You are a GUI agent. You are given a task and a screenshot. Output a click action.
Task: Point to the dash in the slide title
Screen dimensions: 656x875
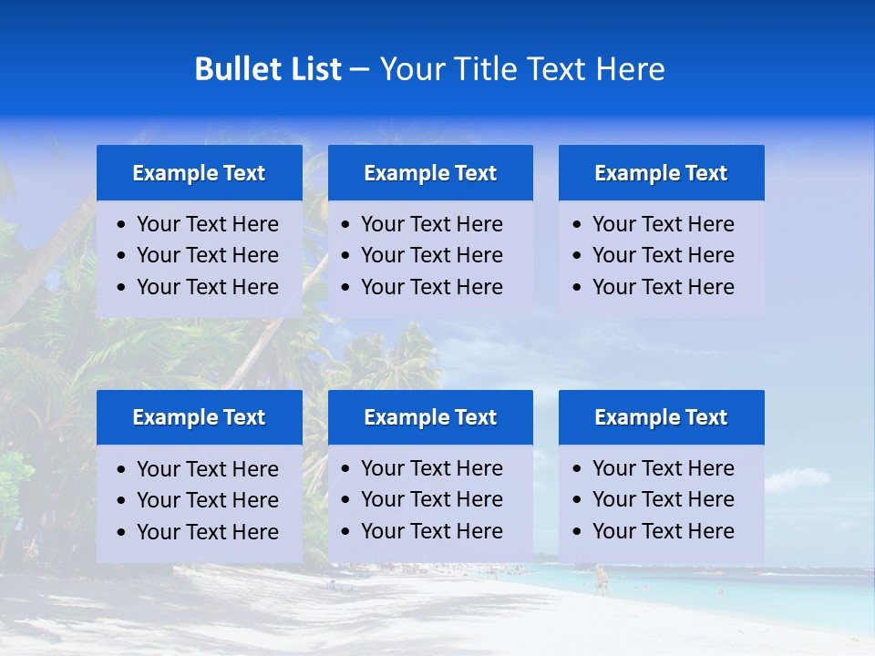click(x=359, y=70)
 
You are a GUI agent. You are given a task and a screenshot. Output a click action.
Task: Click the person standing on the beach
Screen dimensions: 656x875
click(x=600, y=579)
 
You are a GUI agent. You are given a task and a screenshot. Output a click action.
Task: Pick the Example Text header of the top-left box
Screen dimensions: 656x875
click(x=199, y=173)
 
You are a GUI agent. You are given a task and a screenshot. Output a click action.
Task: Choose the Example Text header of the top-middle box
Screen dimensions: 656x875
click(x=430, y=173)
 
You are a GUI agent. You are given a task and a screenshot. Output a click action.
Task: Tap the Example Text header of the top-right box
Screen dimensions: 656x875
click(x=661, y=173)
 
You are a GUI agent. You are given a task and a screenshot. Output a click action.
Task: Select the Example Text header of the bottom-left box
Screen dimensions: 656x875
click(x=199, y=417)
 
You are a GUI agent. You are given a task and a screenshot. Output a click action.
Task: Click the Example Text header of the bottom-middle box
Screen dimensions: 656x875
click(x=430, y=417)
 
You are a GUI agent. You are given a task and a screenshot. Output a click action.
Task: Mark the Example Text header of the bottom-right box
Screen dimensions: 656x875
click(x=661, y=417)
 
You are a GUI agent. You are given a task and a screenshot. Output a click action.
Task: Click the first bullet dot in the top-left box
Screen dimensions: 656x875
click(x=122, y=225)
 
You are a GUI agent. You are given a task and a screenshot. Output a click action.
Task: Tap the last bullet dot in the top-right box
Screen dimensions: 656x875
click(x=577, y=288)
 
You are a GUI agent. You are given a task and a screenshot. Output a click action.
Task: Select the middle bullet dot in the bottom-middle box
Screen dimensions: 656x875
click(x=346, y=500)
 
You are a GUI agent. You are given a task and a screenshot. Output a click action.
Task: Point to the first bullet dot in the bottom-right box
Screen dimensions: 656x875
click(x=577, y=469)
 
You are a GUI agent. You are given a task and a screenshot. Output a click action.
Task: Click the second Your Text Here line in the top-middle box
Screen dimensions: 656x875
click(x=431, y=255)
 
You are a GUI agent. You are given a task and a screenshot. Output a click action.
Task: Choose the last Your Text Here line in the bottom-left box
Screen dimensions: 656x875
click(x=207, y=532)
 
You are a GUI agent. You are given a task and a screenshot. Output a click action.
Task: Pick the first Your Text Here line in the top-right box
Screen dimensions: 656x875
click(x=663, y=224)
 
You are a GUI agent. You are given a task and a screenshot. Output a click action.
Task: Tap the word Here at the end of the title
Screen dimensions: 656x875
click(x=630, y=69)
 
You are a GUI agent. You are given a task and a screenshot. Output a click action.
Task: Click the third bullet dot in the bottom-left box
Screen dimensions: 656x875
click(x=122, y=533)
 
